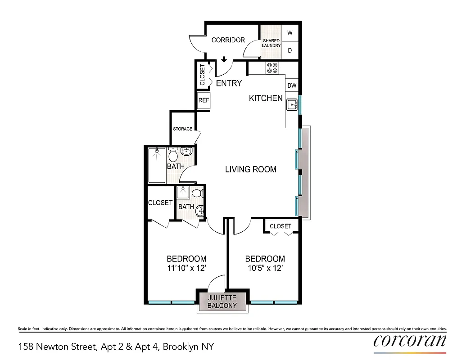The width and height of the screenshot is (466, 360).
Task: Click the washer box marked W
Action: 290,33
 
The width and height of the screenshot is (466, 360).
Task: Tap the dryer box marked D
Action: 290,50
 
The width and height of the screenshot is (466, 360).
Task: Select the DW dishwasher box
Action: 292,85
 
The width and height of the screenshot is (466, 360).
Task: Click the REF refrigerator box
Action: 204,100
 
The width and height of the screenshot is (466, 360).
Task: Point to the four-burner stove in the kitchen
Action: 272,67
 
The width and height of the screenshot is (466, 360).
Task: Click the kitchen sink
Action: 292,105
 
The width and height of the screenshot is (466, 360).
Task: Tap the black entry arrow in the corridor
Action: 224,59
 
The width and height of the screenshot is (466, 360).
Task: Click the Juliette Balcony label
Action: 222,302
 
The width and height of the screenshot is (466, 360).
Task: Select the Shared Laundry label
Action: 271,43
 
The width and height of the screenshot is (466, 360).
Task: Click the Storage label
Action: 182,129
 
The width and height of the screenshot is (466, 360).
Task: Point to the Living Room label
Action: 250,170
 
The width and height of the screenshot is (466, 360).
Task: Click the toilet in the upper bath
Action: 173,156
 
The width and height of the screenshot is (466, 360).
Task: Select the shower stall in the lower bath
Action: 183,193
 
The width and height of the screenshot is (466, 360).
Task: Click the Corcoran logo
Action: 410,341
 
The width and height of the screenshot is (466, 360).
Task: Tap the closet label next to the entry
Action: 202,75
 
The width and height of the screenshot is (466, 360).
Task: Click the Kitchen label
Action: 266,98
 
